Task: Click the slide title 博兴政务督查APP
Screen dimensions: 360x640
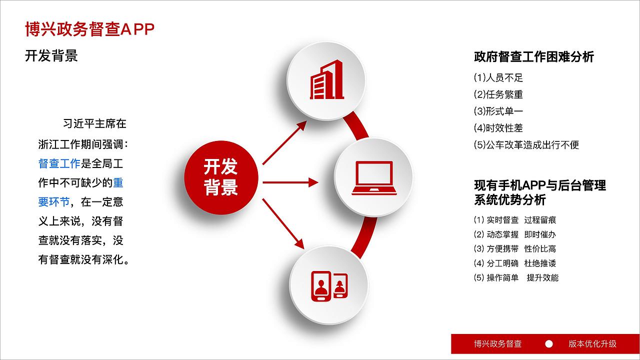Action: pyautogui.click(x=89, y=29)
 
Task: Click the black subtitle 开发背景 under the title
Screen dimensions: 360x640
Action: pyautogui.click(x=51, y=55)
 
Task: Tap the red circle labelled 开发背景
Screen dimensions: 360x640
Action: pyautogui.click(x=221, y=177)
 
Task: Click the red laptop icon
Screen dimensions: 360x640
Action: pyautogui.click(x=373, y=178)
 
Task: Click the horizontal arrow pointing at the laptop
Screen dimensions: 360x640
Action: pyautogui.click(x=290, y=182)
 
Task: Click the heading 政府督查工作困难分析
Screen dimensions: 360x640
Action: pyautogui.click(x=533, y=57)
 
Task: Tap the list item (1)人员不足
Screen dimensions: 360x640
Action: pyautogui.click(x=498, y=78)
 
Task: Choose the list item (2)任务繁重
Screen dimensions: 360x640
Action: pyautogui.click(x=498, y=94)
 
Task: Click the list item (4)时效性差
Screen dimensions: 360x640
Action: pyautogui.click(x=498, y=128)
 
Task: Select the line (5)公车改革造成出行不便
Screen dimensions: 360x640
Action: pyautogui.click(x=526, y=145)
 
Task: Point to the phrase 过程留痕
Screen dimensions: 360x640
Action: pyautogui.click(x=540, y=220)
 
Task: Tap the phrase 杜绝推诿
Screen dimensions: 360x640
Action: pyautogui.click(x=540, y=263)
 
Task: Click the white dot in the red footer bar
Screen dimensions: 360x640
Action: pyautogui.click(x=549, y=344)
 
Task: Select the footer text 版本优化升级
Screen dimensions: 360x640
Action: pyautogui.click(x=592, y=344)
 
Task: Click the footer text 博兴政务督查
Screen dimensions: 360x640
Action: pyautogui.click(x=497, y=344)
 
